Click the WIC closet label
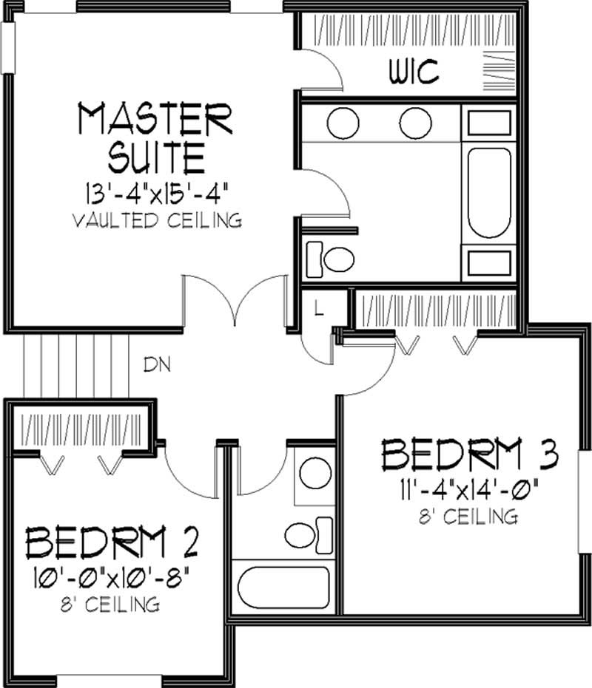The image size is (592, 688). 414,72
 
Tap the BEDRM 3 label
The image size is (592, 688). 469,457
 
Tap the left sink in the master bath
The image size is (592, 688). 343,123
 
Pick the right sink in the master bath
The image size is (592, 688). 415,123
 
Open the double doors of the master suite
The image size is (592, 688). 235,299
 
